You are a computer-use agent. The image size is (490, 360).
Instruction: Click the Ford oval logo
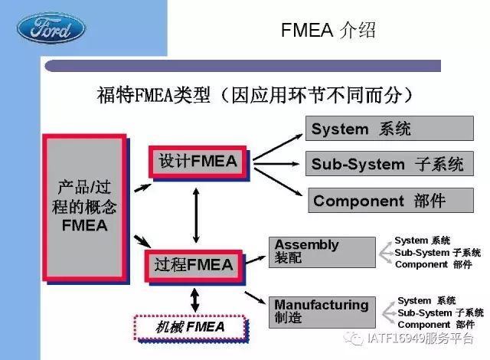(x=51, y=28)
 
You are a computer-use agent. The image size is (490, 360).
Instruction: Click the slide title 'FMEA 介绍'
(x=328, y=31)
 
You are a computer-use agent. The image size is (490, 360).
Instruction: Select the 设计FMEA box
(x=198, y=162)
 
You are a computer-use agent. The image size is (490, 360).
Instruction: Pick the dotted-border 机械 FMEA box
(x=190, y=327)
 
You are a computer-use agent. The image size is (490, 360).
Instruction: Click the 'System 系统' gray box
(x=390, y=129)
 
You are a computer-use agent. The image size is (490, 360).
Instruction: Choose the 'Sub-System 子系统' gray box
(x=390, y=164)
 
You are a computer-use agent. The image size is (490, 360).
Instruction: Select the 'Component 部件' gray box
(x=390, y=201)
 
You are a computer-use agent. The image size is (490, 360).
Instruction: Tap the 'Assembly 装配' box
(x=322, y=252)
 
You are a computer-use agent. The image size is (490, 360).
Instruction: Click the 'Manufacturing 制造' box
(x=322, y=313)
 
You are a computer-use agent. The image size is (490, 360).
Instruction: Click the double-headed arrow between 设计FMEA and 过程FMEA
(x=196, y=215)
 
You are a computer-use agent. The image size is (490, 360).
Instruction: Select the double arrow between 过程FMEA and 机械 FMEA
(x=194, y=300)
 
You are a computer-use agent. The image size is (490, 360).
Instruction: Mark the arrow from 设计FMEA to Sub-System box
(x=276, y=163)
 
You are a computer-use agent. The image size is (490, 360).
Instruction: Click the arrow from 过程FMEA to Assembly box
(x=256, y=260)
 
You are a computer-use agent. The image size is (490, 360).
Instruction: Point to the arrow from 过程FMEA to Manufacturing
(x=255, y=297)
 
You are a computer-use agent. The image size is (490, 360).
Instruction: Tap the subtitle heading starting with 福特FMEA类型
(x=255, y=95)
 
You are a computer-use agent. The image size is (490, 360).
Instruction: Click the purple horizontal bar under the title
(x=243, y=66)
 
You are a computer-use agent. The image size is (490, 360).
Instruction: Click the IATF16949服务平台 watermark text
(x=420, y=338)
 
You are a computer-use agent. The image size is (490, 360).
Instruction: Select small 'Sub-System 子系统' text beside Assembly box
(x=437, y=253)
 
